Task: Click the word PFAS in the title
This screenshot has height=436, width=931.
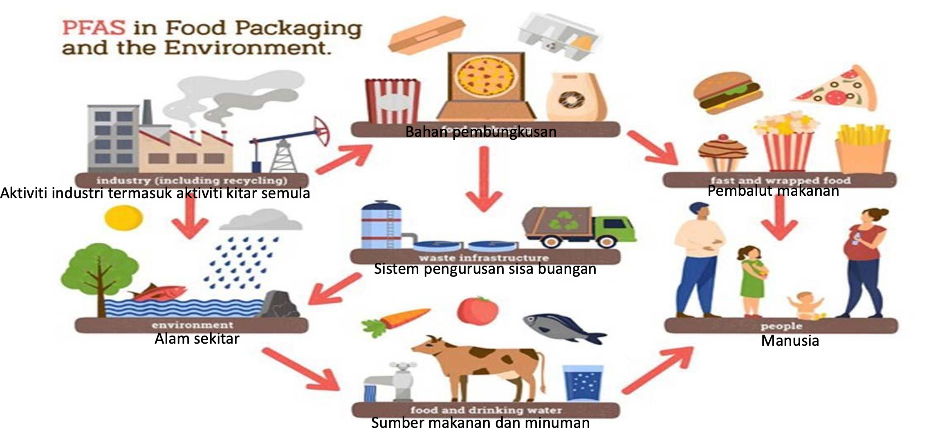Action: tap(94, 28)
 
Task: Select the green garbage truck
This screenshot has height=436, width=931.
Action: tap(579, 227)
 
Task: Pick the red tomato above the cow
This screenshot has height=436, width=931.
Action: tap(477, 310)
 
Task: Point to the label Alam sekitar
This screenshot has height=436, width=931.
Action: tap(197, 339)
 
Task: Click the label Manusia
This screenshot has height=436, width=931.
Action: tap(790, 341)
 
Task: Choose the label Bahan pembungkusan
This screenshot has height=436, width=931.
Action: tap(480, 132)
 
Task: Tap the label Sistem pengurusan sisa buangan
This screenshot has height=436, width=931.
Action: tap(485, 269)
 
